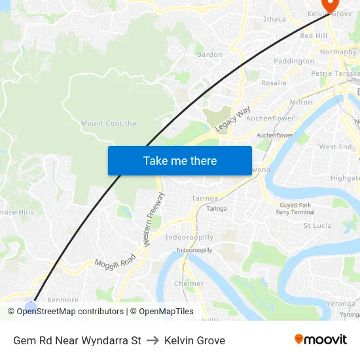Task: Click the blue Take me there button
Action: [179, 160]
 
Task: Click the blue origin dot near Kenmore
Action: [31, 306]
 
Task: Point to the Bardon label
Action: [209, 54]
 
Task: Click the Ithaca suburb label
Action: [274, 19]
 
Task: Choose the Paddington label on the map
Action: [294, 61]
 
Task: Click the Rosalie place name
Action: [274, 83]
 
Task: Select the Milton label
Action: [300, 102]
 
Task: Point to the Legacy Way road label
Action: [233, 120]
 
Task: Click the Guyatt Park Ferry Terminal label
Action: [295, 209]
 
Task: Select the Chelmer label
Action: [189, 283]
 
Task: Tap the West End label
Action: [335, 147]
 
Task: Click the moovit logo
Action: [320, 340]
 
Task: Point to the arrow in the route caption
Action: [153, 340]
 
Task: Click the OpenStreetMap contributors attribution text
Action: [70, 312]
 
